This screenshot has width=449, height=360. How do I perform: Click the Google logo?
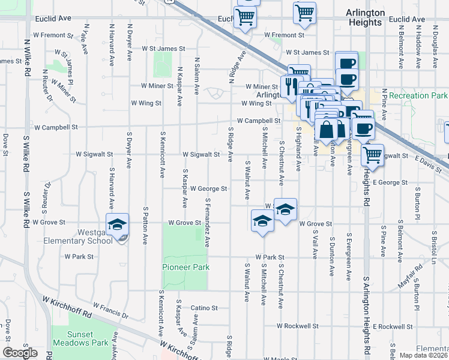click(20, 353)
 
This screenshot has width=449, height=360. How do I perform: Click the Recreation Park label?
click(418, 95)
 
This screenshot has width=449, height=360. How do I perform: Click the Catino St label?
click(204, 308)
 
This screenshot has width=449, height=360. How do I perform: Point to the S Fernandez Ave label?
click(208, 223)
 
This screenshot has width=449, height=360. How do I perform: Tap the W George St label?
click(208, 188)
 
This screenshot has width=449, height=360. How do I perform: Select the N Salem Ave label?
click(197, 76)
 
